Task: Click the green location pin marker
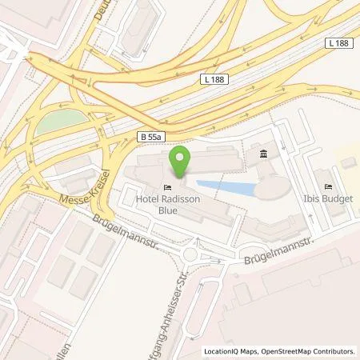(181, 157)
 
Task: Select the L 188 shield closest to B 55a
(212, 81)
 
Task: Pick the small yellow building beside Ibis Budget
(348, 162)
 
